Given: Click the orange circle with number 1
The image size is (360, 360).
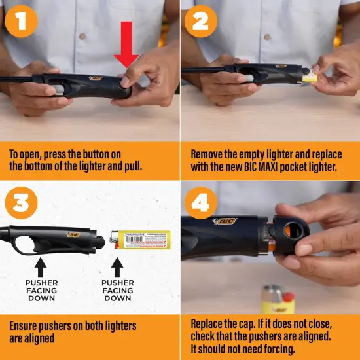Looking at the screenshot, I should pos(22,22).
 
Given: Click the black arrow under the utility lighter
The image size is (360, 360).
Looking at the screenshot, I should pos(40,266).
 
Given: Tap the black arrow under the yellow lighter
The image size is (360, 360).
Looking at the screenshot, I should pos(118,266).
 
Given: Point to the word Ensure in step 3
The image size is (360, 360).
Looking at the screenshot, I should pos(25,325).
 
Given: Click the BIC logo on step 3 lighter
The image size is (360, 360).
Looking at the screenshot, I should pos(73,234).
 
